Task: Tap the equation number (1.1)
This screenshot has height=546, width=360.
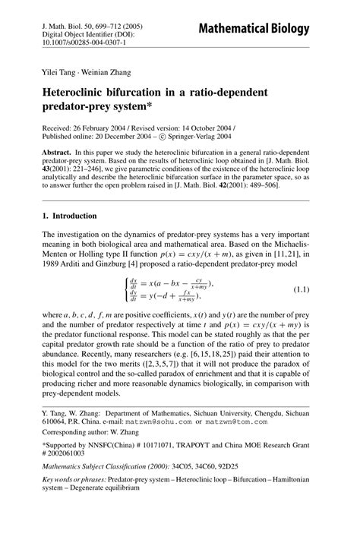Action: click(304, 291)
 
